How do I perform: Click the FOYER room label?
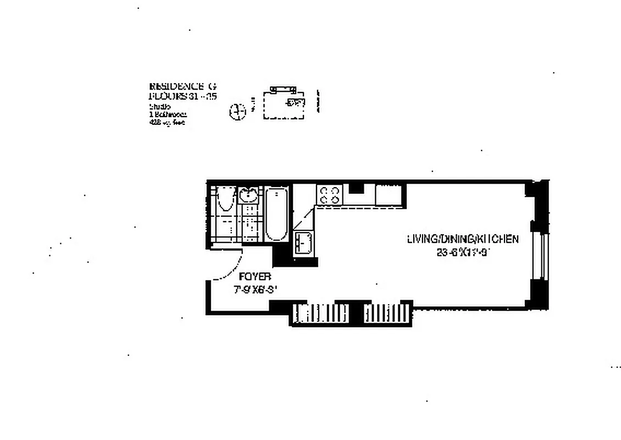(x=254, y=278)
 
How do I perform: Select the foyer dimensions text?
(x=254, y=290)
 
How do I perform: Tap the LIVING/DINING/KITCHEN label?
(x=462, y=239)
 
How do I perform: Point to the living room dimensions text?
(x=462, y=252)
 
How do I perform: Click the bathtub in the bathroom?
(x=275, y=214)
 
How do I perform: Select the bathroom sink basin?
(x=248, y=195)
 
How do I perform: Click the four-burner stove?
(x=329, y=195)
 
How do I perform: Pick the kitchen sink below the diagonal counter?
(x=303, y=243)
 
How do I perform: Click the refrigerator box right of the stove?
(x=389, y=196)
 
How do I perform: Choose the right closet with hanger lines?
(x=387, y=314)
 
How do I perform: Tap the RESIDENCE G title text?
(x=183, y=86)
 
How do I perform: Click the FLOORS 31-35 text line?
(x=183, y=96)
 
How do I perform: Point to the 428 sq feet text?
(x=167, y=123)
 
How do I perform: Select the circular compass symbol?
(x=237, y=112)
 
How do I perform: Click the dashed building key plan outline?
(x=284, y=106)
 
